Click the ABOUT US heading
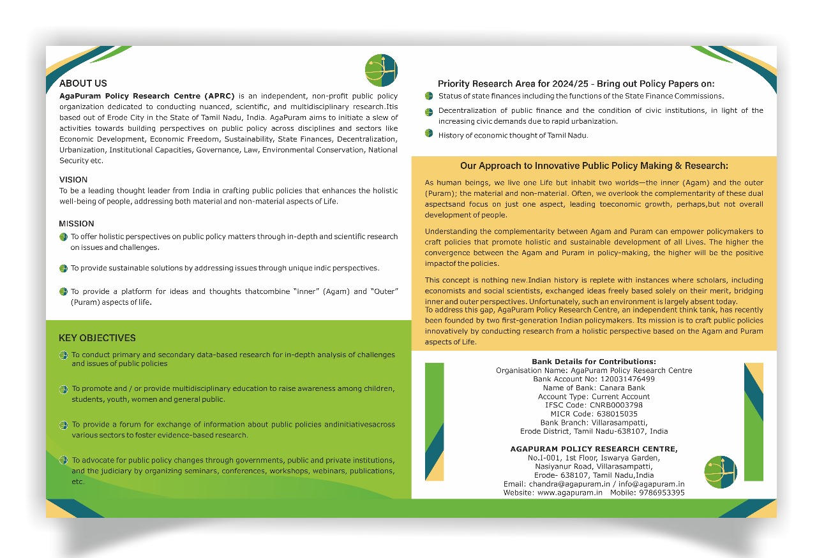tap(83, 84)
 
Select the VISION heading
tap(73, 180)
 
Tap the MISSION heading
tap(77, 224)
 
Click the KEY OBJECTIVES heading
tap(97, 338)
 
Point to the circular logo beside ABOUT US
tap(381, 70)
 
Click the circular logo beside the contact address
tap(721, 472)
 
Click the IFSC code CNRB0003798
tap(615, 405)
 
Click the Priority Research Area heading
tap(576, 84)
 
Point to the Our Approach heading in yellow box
tap(594, 166)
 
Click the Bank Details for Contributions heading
tap(594, 362)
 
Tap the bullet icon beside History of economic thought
tap(429, 134)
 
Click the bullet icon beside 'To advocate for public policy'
tap(63, 460)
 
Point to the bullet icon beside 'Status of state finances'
tap(429, 96)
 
